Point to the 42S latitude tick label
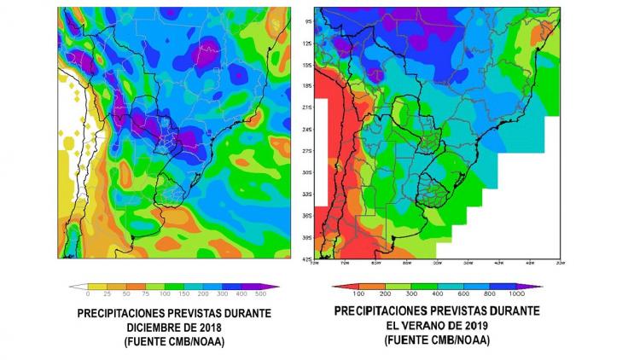point(307,258)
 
